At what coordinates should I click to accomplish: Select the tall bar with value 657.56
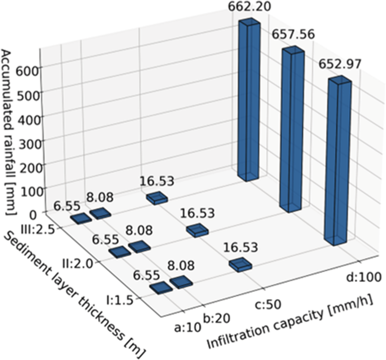(293, 130)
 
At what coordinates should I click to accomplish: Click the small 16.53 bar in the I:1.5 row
(240, 265)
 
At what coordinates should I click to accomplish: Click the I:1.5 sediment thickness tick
(126, 299)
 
